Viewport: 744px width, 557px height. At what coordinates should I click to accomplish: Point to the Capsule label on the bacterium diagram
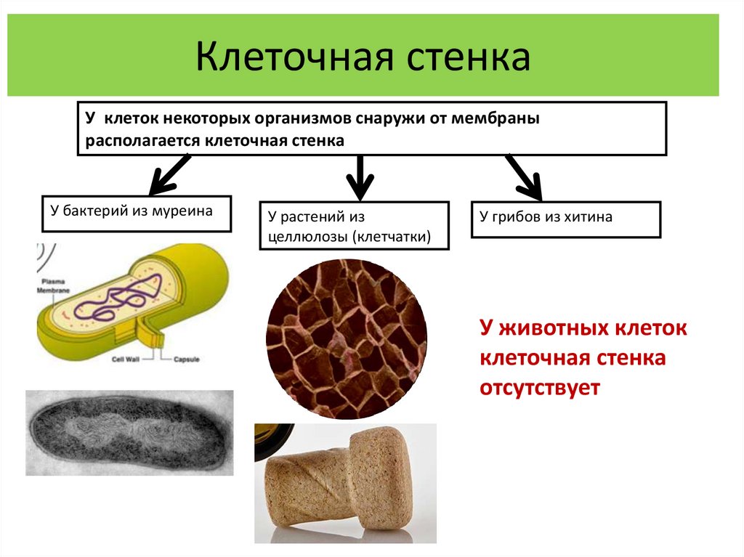[x=187, y=359]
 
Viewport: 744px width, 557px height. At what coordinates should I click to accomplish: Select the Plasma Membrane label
[x=54, y=285]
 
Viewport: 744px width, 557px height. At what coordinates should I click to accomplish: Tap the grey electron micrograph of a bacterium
[x=129, y=433]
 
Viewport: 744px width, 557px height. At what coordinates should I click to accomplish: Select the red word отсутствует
[x=539, y=388]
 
